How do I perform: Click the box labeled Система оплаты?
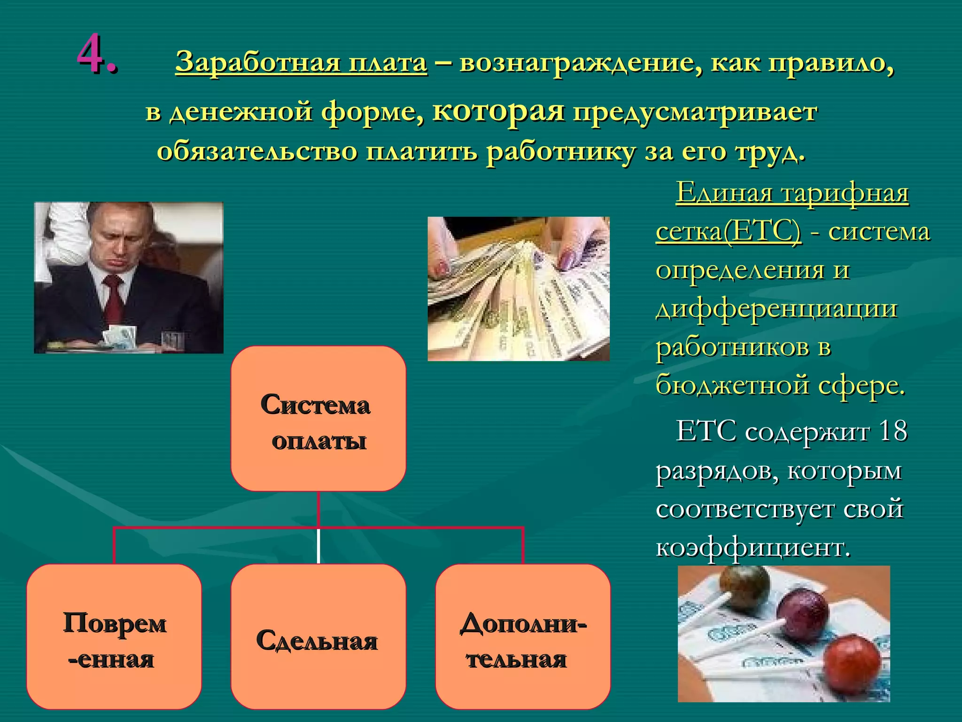[318, 418]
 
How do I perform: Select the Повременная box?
[114, 637]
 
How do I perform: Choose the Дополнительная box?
[523, 637]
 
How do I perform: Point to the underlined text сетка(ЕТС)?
[728, 231]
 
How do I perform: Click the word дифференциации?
[776, 308]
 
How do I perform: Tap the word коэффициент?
[753, 547]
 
